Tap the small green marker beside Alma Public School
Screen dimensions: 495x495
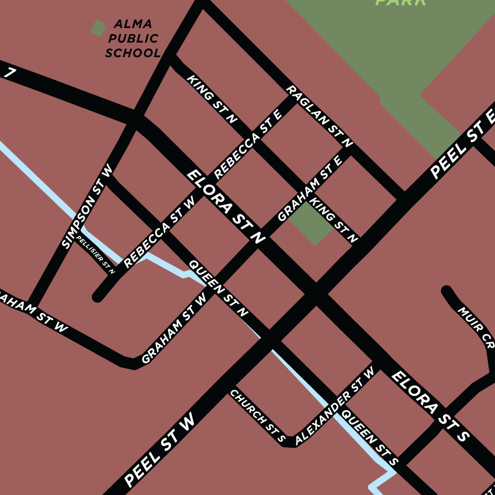98,28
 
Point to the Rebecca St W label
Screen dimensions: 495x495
159,232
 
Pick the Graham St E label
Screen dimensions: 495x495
310,188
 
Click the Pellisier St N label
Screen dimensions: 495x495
96,254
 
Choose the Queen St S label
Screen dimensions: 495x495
369,435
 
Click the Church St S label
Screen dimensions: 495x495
257,416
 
